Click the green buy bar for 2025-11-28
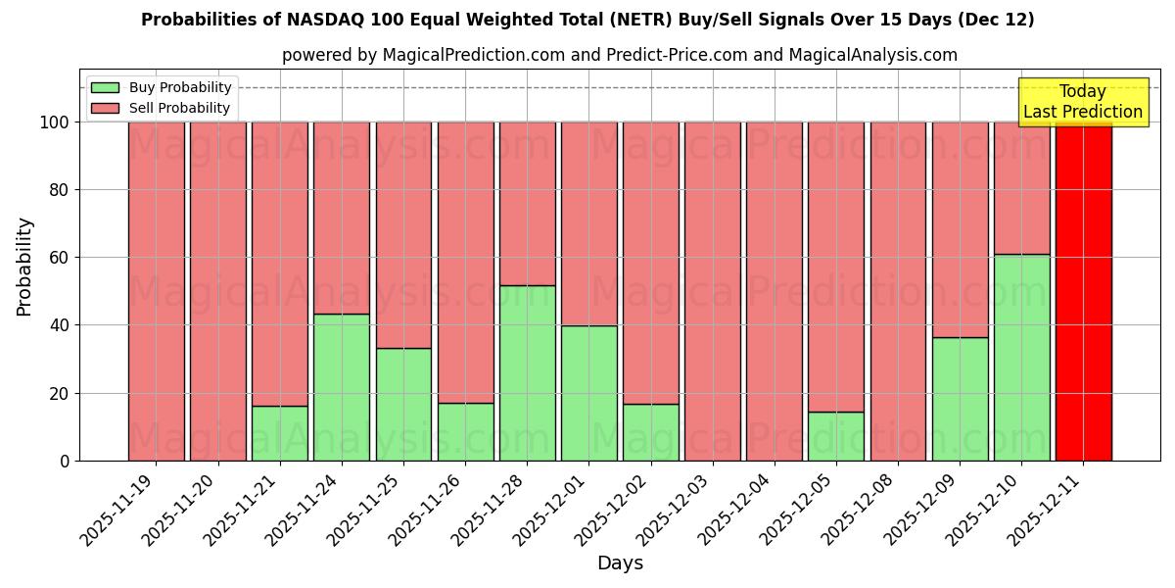point(527,372)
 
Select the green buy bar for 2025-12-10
point(1021,358)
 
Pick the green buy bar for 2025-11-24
point(342,387)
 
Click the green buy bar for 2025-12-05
point(836,436)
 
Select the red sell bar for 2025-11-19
point(157,291)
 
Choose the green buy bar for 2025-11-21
point(280,433)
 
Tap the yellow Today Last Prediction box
point(1082,102)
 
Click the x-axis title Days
point(620,563)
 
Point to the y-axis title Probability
point(24,267)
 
